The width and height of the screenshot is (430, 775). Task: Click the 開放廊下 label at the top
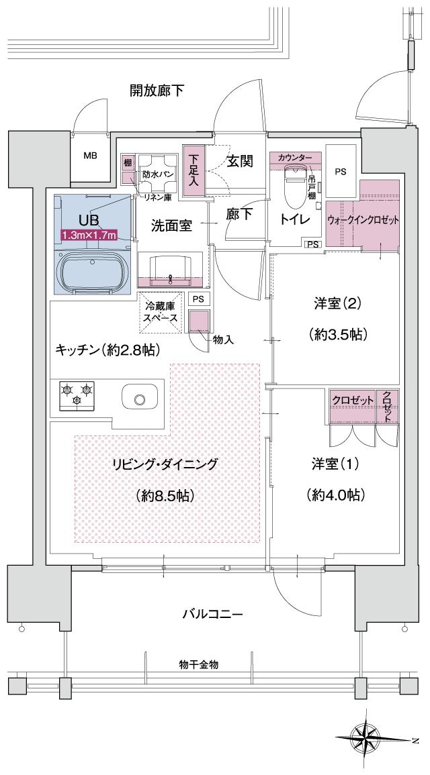(x=157, y=90)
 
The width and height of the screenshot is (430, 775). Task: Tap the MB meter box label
(x=90, y=156)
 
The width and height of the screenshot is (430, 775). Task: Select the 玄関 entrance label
(x=239, y=161)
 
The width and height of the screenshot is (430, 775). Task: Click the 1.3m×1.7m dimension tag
(x=89, y=235)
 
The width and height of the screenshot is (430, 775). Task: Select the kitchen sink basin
(x=139, y=399)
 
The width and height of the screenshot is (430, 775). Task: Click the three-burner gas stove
(x=76, y=395)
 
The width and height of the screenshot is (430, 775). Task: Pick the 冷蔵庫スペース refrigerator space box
(x=161, y=313)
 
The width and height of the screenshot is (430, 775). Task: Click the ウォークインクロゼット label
(x=363, y=220)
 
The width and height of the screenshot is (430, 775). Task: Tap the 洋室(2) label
(x=337, y=303)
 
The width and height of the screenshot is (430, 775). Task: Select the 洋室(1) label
(x=336, y=464)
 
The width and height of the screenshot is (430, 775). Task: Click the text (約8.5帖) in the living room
(x=165, y=496)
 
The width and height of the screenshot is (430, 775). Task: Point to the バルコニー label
(x=212, y=614)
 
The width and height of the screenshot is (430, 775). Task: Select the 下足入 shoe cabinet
(x=194, y=171)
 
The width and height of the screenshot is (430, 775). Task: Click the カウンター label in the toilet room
(x=295, y=157)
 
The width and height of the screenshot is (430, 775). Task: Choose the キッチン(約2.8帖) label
(x=107, y=350)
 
